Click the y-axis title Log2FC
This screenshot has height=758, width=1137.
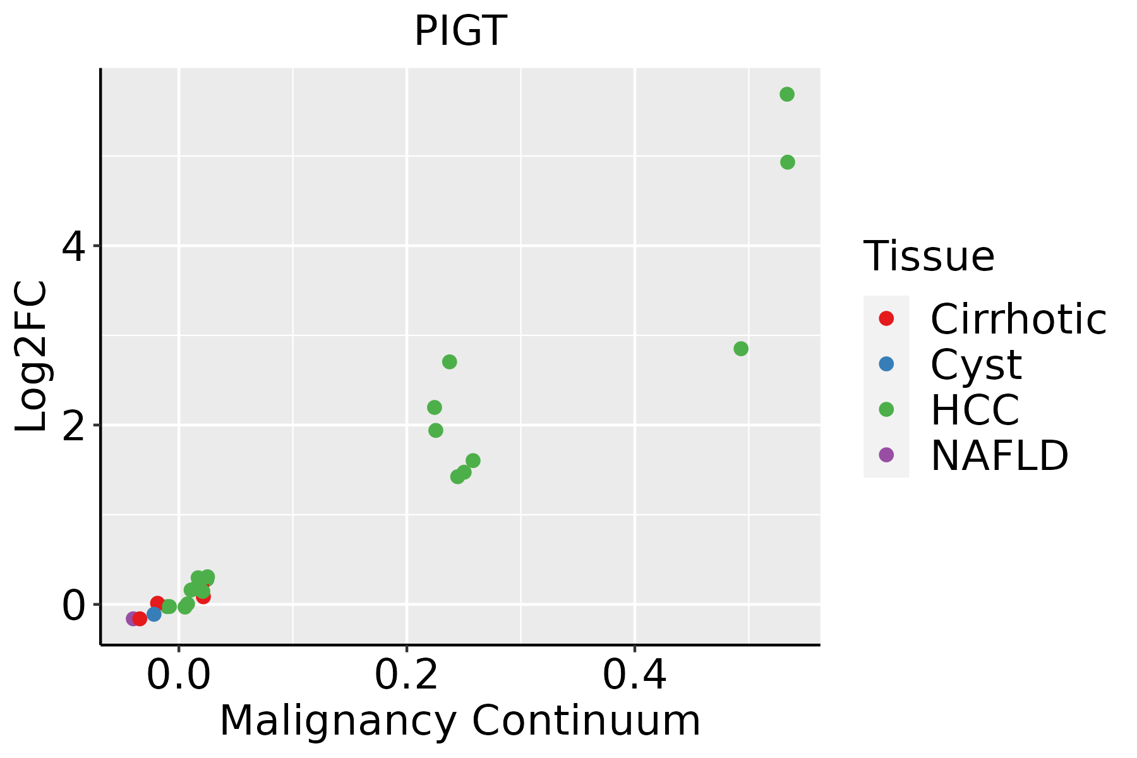pyautogui.click(x=32, y=356)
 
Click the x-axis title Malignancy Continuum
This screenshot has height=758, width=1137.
pyautogui.click(x=460, y=721)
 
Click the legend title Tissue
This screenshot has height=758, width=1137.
pyautogui.click(x=929, y=256)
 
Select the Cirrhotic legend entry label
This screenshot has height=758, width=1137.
pyautogui.click(x=1018, y=319)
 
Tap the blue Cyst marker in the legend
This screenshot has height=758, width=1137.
pyautogui.click(x=886, y=364)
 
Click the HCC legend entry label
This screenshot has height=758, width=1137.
pyautogui.click(x=975, y=409)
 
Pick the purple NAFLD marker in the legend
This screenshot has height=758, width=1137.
pyautogui.click(x=886, y=454)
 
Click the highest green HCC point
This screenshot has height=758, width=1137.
pyautogui.click(x=787, y=95)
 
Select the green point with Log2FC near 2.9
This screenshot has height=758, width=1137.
pyautogui.click(x=741, y=349)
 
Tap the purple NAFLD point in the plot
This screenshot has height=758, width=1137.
pyautogui.click(x=133, y=618)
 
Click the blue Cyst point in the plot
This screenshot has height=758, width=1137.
pyautogui.click(x=154, y=614)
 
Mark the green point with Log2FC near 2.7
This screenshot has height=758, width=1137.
pyautogui.click(x=450, y=362)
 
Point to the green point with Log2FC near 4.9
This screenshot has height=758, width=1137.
pyautogui.click(x=788, y=162)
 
